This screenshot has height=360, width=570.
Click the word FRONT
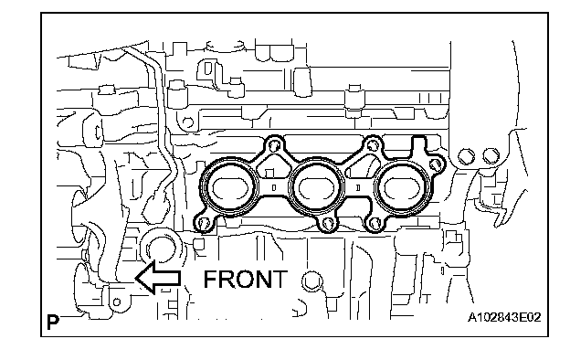tap(246, 279)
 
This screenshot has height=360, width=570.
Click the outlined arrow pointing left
tap(158, 278)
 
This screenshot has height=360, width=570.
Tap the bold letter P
tap(53, 322)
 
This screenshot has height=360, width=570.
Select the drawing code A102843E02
tap(504, 317)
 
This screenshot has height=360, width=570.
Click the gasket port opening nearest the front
tap(230, 187)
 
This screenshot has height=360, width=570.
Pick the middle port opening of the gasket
tap(316, 187)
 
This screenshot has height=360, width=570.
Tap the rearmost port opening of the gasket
tap(402, 187)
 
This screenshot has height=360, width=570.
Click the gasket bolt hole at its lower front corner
tap(204, 224)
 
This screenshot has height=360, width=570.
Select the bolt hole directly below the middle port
tap(328, 224)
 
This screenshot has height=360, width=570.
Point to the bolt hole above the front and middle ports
tap(274, 146)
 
